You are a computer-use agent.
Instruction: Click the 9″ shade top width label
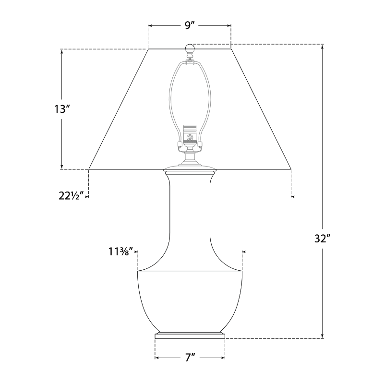[x=189, y=25]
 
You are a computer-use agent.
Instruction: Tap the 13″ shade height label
[x=60, y=109]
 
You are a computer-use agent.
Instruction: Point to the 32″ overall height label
[x=322, y=239]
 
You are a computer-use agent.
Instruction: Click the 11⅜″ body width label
[x=121, y=251]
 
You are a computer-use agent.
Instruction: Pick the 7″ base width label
[x=190, y=358]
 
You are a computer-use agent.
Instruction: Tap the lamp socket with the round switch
[x=190, y=134]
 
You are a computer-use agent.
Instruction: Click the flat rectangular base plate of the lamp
[x=190, y=336]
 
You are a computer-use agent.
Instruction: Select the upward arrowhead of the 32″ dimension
[x=322, y=48]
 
